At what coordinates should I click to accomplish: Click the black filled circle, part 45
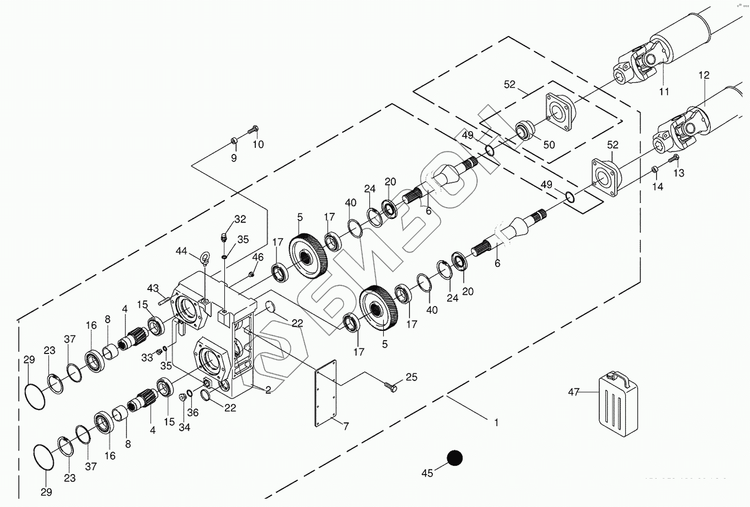pyautogui.click(x=454, y=458)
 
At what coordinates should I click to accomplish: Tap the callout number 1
pyautogui.click(x=496, y=422)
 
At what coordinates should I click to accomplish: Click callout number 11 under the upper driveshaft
pyautogui.click(x=664, y=91)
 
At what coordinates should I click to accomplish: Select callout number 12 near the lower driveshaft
pyautogui.click(x=704, y=76)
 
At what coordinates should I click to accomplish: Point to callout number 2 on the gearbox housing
pyautogui.click(x=268, y=391)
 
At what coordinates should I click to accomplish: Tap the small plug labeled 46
pyautogui.click(x=251, y=274)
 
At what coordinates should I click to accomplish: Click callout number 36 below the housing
pyautogui.click(x=193, y=412)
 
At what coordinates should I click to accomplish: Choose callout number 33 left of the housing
pyautogui.click(x=147, y=356)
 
